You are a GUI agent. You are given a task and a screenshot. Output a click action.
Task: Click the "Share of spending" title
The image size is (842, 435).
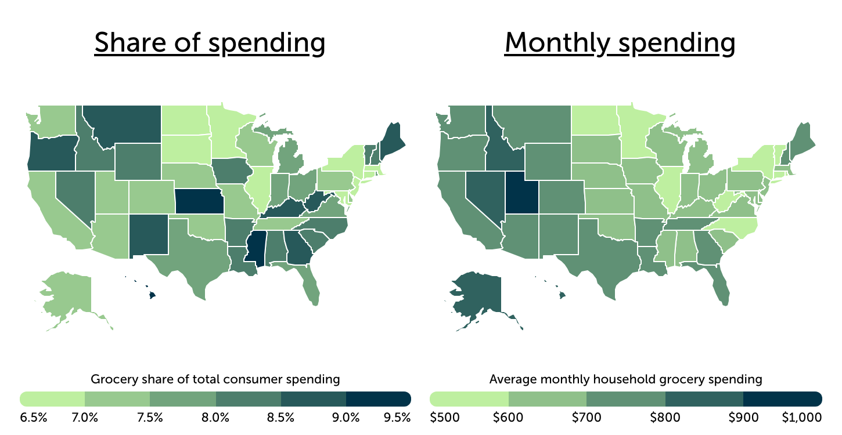[x=209, y=43]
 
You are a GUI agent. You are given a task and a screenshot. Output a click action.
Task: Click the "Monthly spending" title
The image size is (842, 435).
[x=620, y=43]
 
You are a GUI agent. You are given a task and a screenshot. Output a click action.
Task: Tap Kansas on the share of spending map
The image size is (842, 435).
[x=197, y=201]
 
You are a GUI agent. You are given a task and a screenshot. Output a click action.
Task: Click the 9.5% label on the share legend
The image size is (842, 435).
[x=398, y=417]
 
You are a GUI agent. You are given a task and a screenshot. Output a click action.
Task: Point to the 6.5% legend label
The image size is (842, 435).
[x=34, y=417]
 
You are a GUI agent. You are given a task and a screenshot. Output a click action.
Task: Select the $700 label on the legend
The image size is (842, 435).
[x=586, y=417]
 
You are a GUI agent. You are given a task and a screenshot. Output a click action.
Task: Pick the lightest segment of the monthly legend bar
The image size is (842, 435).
[x=469, y=398]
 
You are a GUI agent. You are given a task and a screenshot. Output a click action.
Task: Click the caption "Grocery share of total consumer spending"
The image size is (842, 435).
[x=215, y=380]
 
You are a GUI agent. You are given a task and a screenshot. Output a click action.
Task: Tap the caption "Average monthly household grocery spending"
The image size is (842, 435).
[x=625, y=380]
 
